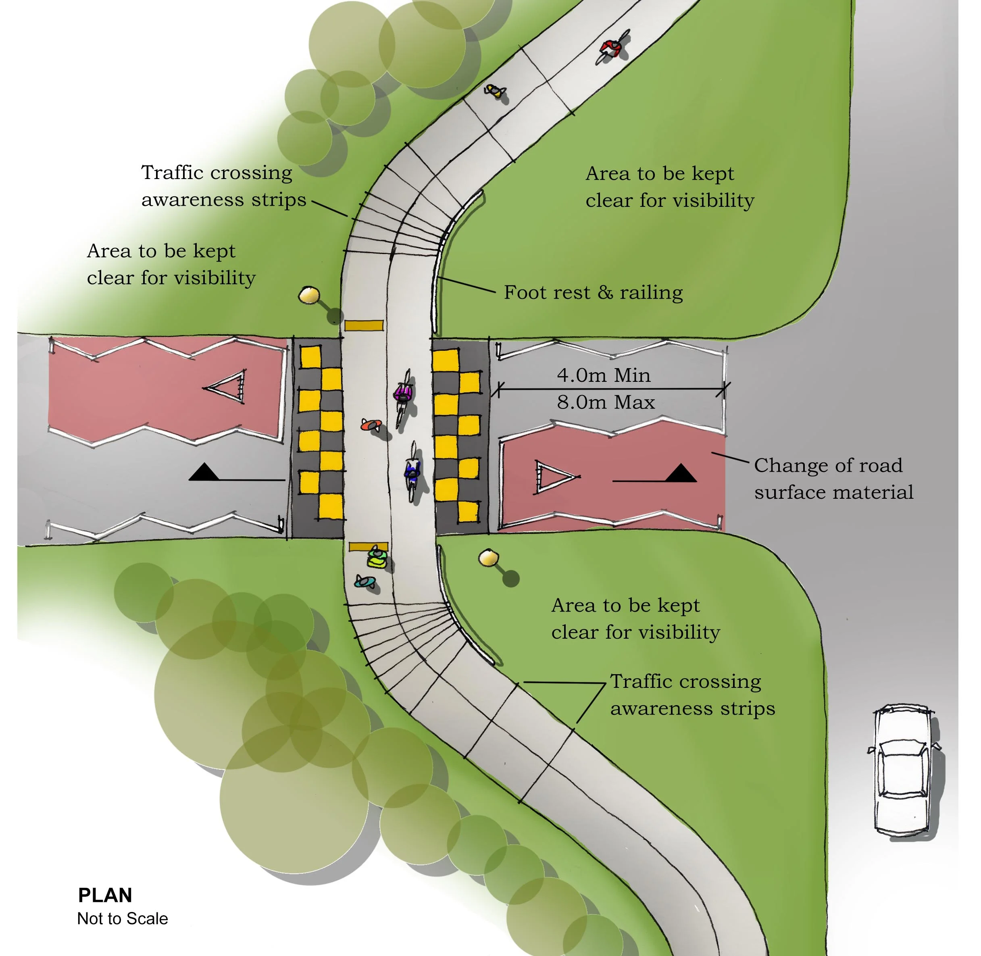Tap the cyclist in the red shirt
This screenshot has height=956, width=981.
[612, 47]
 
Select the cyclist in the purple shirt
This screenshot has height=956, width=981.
[403, 393]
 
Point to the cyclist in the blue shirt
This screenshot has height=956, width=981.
[412, 472]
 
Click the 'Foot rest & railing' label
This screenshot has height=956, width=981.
[593, 292]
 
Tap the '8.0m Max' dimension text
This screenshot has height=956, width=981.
[606, 402]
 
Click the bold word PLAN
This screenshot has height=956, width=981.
[105, 895]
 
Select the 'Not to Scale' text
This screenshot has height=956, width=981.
[123, 919]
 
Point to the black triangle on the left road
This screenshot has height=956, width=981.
[204, 472]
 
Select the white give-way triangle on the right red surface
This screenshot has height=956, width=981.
[553, 475]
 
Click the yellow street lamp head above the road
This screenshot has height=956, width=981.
[309, 295]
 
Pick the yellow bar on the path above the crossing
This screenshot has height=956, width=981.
[364, 325]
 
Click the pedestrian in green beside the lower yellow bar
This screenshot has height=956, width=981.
[377, 558]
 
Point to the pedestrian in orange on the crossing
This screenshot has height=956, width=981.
[371, 425]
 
